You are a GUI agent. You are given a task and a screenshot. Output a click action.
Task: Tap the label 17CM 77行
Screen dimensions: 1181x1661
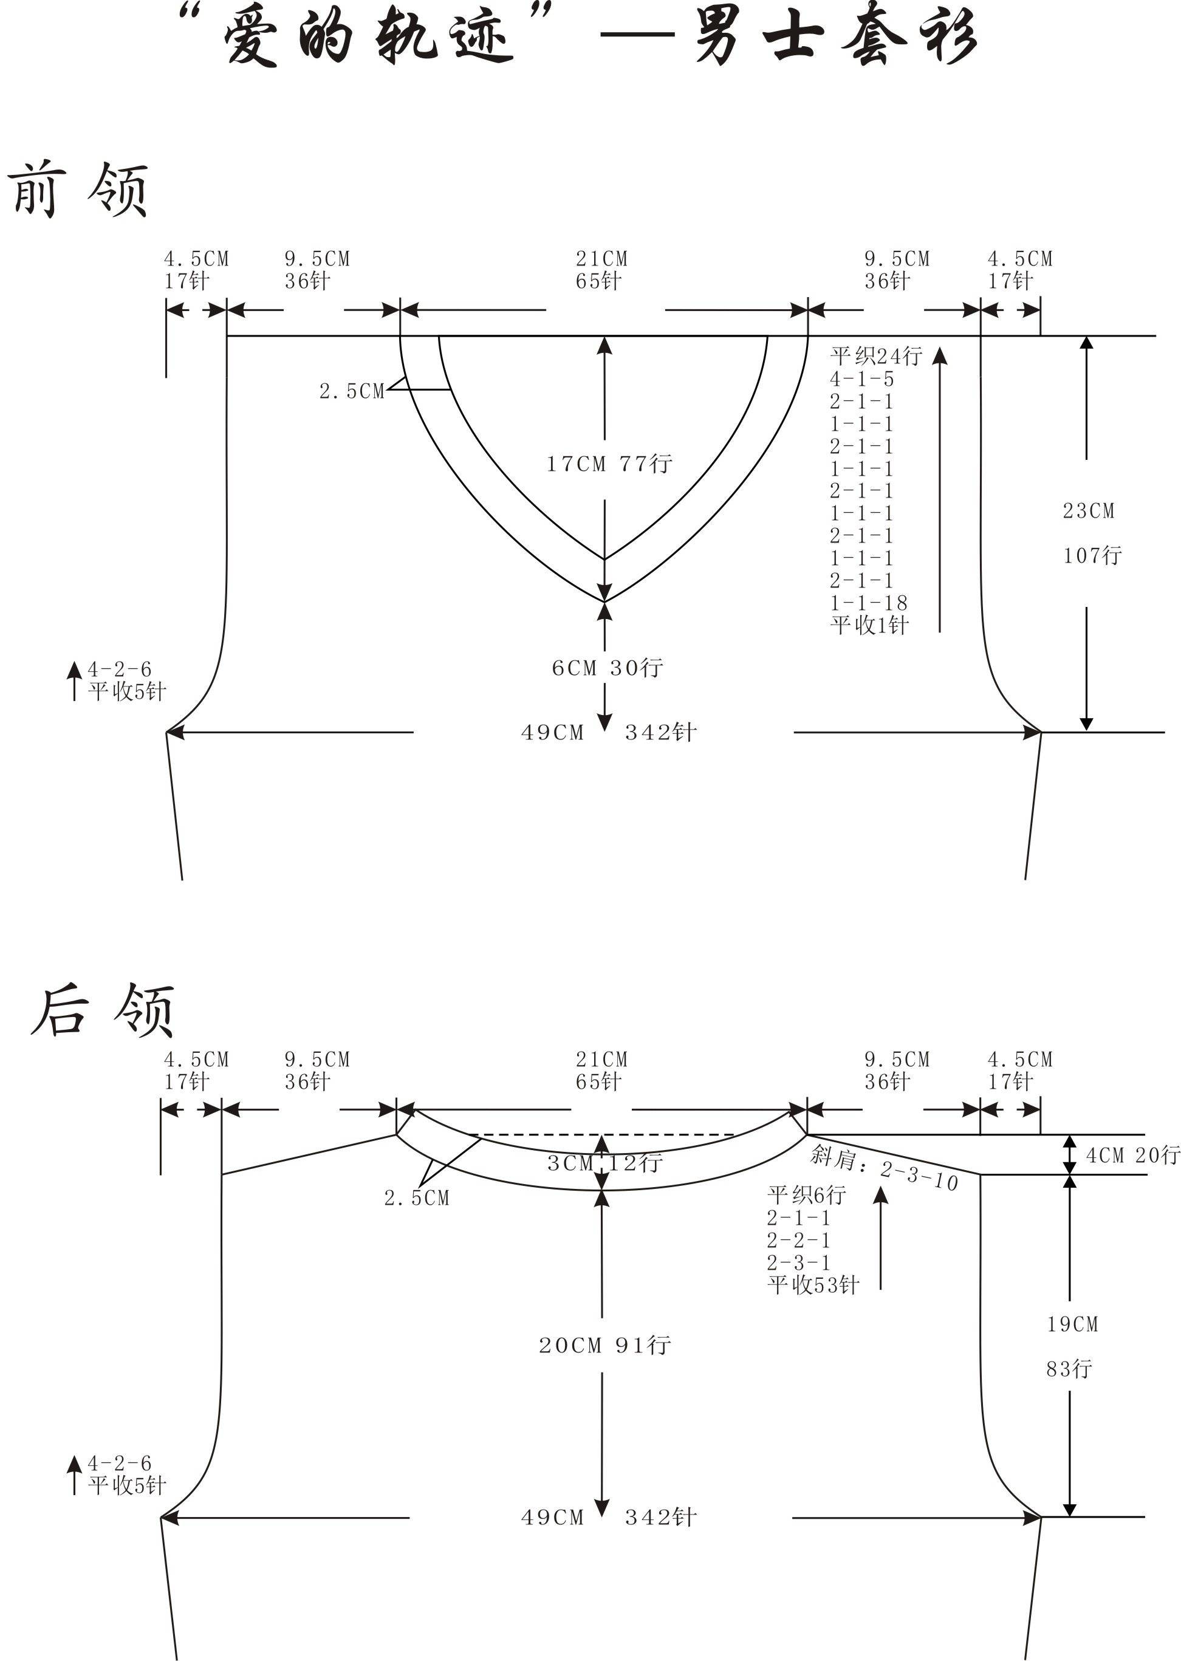609,464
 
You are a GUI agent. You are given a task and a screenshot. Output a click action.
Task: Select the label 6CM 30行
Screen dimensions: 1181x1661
608,668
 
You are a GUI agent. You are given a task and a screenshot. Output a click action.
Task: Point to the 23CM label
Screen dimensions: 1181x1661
1089,512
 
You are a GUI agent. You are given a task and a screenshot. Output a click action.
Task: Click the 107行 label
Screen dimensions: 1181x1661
1092,556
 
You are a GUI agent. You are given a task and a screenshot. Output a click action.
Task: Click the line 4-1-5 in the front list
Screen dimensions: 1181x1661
861,379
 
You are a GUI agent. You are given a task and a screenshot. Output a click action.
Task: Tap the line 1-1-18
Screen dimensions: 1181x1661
869,603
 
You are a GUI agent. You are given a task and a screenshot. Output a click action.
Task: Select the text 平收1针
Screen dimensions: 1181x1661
870,625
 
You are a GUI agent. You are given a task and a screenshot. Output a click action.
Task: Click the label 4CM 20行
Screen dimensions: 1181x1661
1132,1155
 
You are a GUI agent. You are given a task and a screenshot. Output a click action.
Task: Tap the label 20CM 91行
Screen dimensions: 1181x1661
604,1345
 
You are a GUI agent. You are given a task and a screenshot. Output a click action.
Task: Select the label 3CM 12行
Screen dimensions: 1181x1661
604,1163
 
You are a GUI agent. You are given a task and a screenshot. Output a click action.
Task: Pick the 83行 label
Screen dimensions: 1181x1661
1069,1369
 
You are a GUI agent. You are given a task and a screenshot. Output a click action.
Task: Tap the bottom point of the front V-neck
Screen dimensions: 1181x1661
604,602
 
